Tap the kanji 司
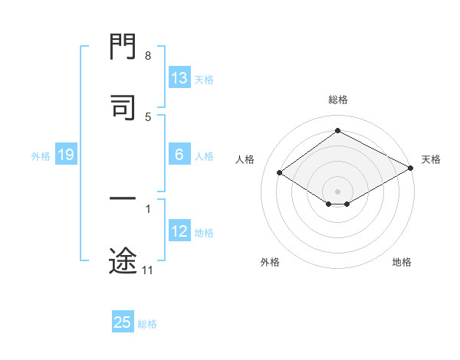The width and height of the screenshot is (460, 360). pyautogui.click(x=123, y=106)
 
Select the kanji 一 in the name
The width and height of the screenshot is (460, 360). pyautogui.click(x=123, y=199)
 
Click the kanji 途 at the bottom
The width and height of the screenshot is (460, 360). pyautogui.click(x=123, y=261)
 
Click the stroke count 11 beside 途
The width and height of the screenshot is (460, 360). pyautogui.click(x=148, y=270)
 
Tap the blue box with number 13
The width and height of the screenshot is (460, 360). pyautogui.click(x=179, y=78)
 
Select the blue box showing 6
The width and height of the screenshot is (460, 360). pyautogui.click(x=179, y=155)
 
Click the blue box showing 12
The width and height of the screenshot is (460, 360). pyautogui.click(x=179, y=231)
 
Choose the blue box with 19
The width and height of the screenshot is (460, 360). pyautogui.click(x=65, y=155)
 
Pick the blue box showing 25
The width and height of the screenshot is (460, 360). pyautogui.click(x=123, y=322)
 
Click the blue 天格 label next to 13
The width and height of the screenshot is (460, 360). pyautogui.click(x=204, y=79)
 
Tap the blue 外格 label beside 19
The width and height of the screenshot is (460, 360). pyautogui.click(x=41, y=156)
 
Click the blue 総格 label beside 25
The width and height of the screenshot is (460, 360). pyautogui.click(x=147, y=323)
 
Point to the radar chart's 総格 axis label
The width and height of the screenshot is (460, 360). pyautogui.click(x=338, y=100)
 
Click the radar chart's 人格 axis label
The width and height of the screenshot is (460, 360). pyautogui.click(x=245, y=159)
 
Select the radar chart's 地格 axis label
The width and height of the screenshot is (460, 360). pyautogui.click(x=402, y=262)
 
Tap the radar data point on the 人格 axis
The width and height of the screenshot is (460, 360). pyautogui.click(x=280, y=173)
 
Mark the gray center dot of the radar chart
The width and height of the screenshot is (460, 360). pyautogui.click(x=338, y=191)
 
